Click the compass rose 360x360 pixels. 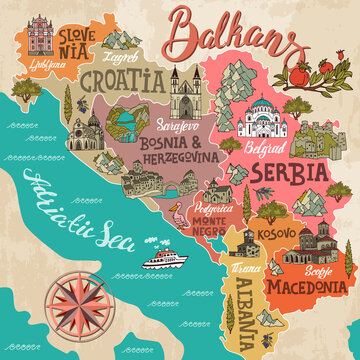[x=88, y=300]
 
